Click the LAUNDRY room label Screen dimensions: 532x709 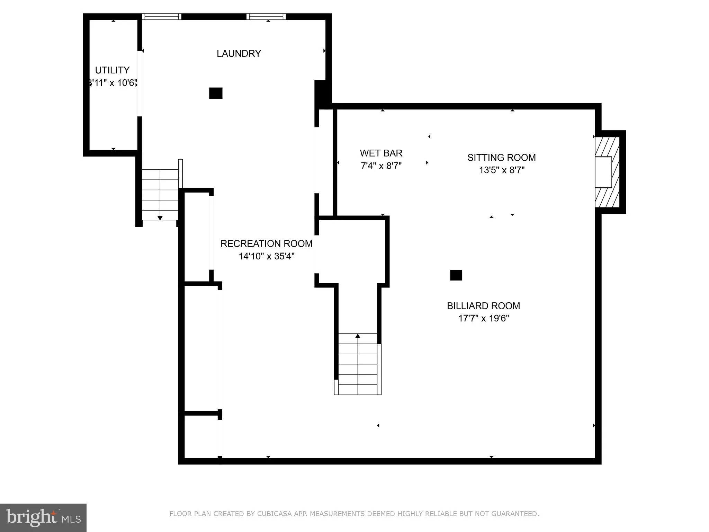tap(239, 53)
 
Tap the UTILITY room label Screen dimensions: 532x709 tap(112, 70)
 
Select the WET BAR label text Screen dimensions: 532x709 tap(381, 153)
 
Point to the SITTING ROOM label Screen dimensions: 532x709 tap(501, 158)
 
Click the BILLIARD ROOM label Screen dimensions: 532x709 tap(483, 306)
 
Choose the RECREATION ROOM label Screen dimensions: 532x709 tap(266, 244)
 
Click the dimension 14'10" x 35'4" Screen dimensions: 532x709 tap(266, 256)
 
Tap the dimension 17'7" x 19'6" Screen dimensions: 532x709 tap(483, 318)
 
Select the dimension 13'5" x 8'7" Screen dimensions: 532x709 tap(501, 170)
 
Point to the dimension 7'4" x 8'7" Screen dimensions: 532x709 tap(381, 166)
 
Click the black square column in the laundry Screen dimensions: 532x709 tap(216, 93)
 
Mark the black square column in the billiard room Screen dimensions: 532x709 tap(456, 275)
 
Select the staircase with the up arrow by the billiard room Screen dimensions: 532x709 tap(358, 364)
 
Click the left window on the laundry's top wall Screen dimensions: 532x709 tap(162, 17)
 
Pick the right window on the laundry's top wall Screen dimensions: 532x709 tap(266, 17)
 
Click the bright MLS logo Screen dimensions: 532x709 tap(43, 517)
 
